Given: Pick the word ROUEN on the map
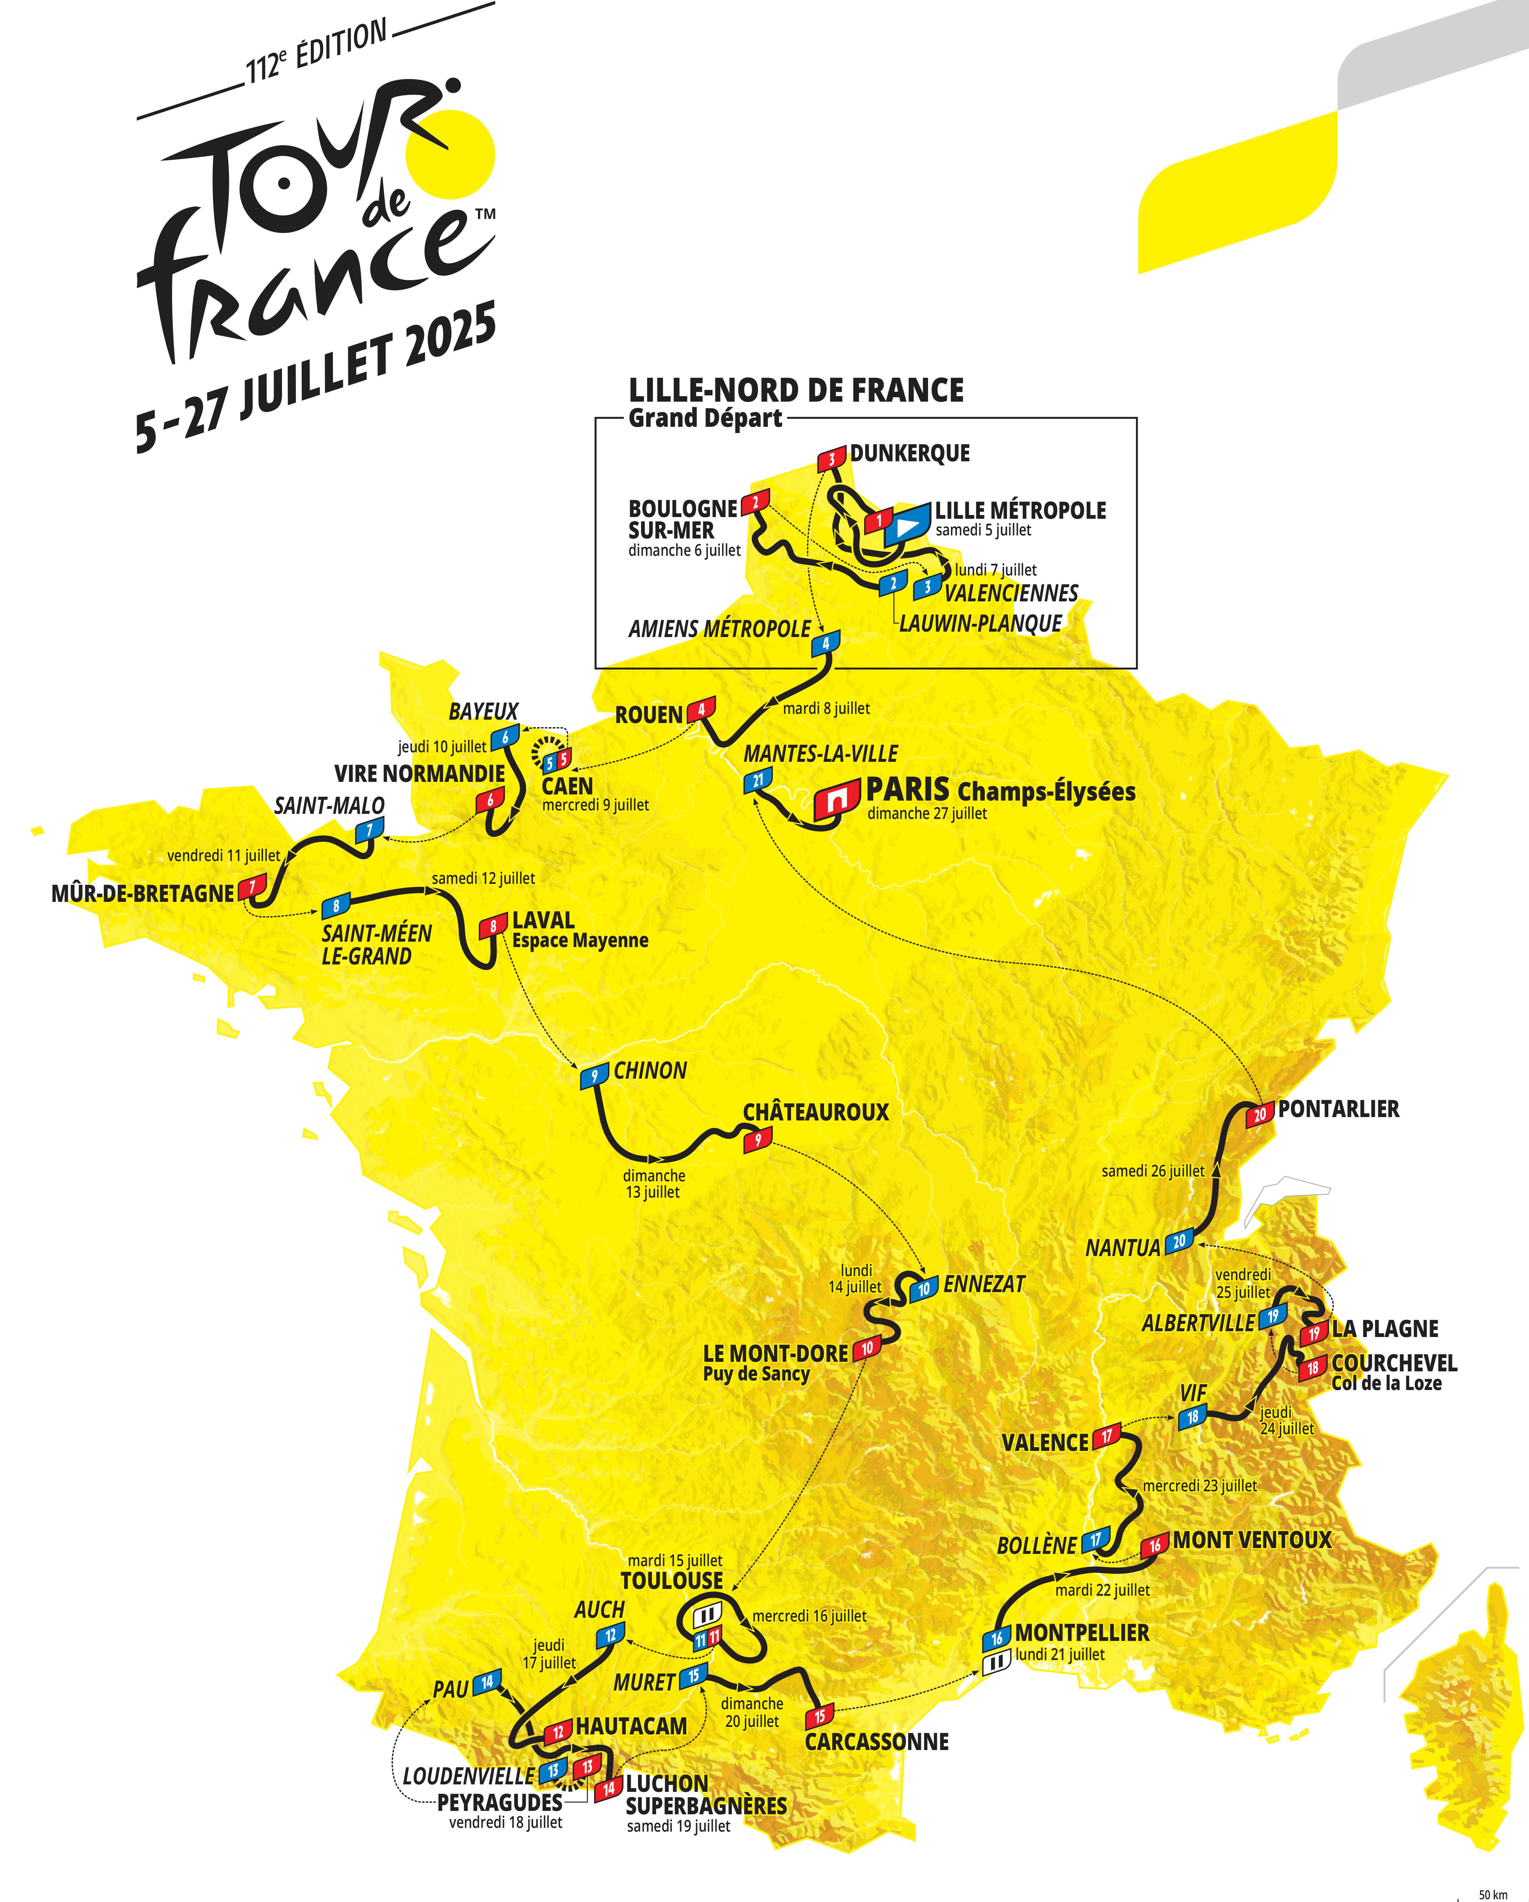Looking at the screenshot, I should (x=649, y=715).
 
